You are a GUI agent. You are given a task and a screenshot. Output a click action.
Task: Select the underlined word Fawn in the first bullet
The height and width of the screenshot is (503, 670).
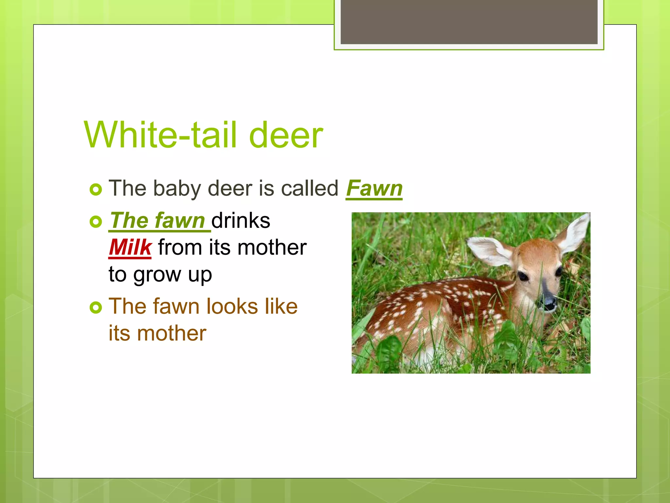374,189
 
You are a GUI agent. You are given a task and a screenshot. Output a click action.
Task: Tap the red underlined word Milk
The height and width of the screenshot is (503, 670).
130,247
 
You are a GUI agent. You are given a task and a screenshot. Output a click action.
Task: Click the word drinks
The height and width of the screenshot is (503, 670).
241,220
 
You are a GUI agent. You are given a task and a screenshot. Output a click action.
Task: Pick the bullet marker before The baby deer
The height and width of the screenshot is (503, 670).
96,190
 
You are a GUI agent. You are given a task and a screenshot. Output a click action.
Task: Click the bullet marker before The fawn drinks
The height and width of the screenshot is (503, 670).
96,222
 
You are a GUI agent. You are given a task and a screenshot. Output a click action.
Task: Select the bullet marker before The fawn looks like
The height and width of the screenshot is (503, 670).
96,307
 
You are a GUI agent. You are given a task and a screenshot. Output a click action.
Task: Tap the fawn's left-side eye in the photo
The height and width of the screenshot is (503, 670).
523,276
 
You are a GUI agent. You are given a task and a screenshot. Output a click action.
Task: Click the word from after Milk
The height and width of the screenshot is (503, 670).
180,247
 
